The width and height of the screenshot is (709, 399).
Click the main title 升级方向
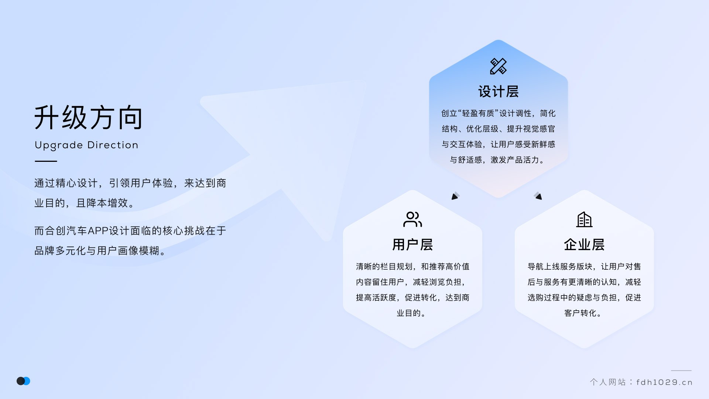[88, 117]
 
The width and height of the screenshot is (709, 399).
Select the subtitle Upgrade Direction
[86, 145]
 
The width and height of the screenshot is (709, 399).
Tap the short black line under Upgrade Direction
[46, 161]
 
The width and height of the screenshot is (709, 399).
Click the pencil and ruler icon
[498, 66]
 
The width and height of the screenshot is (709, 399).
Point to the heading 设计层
[498, 92]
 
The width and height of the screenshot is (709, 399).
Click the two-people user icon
[412, 219]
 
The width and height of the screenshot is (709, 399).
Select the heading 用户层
[412, 245]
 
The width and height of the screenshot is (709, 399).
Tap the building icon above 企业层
[584, 219]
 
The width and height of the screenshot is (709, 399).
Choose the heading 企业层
[584, 245]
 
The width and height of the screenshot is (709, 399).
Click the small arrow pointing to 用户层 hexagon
[455, 196]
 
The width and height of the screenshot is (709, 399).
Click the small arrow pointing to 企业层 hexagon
[538, 196]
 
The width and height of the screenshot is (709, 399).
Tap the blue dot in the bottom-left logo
[27, 381]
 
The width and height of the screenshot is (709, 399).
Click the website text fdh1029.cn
[664, 382]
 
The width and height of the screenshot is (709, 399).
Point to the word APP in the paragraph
[98, 231]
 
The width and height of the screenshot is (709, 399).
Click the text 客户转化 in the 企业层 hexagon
[580, 313]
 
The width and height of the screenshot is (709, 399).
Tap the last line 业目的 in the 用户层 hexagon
[408, 313]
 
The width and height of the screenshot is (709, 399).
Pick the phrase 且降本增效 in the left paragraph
[102, 203]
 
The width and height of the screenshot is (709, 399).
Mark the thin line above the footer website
[681, 371]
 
